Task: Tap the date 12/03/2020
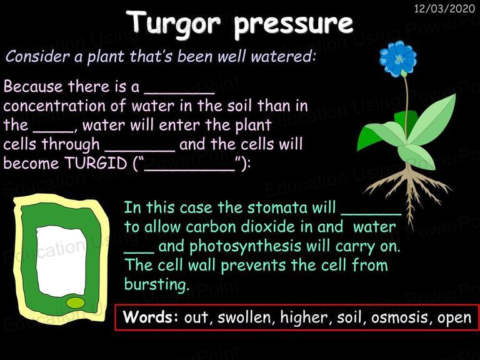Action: (x=444, y=9)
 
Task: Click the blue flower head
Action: (x=398, y=59)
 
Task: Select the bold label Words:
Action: (x=150, y=317)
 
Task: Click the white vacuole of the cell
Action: (x=61, y=261)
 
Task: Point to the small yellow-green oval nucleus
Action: (x=76, y=302)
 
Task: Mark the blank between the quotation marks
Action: (x=189, y=169)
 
